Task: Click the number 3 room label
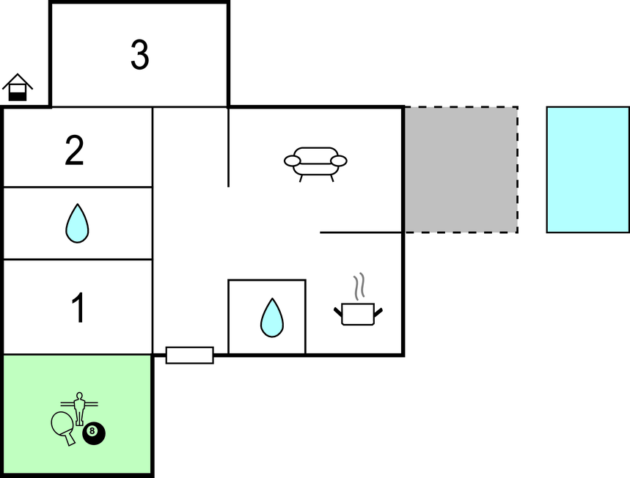(x=139, y=55)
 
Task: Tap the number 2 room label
(x=74, y=150)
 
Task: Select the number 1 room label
(x=78, y=308)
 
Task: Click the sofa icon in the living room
(x=315, y=163)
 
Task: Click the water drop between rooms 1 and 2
(x=77, y=223)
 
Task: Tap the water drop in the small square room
(x=271, y=317)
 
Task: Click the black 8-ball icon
(x=93, y=433)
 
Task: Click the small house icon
(x=18, y=87)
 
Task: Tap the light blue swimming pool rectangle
(x=587, y=169)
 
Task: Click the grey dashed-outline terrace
(x=461, y=169)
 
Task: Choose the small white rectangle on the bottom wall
(x=189, y=355)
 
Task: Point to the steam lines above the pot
(x=359, y=287)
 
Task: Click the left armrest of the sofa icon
(x=293, y=161)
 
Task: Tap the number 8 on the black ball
(x=92, y=431)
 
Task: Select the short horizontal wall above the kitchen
(x=361, y=232)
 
